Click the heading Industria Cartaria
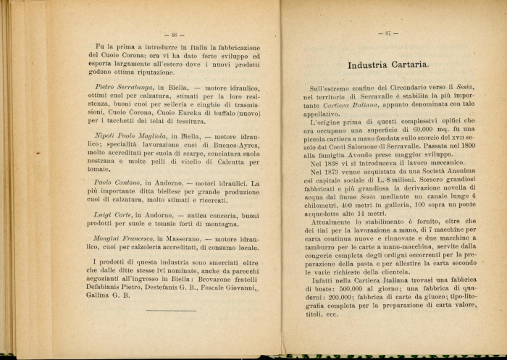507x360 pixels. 387,65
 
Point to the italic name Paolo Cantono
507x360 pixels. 119,183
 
